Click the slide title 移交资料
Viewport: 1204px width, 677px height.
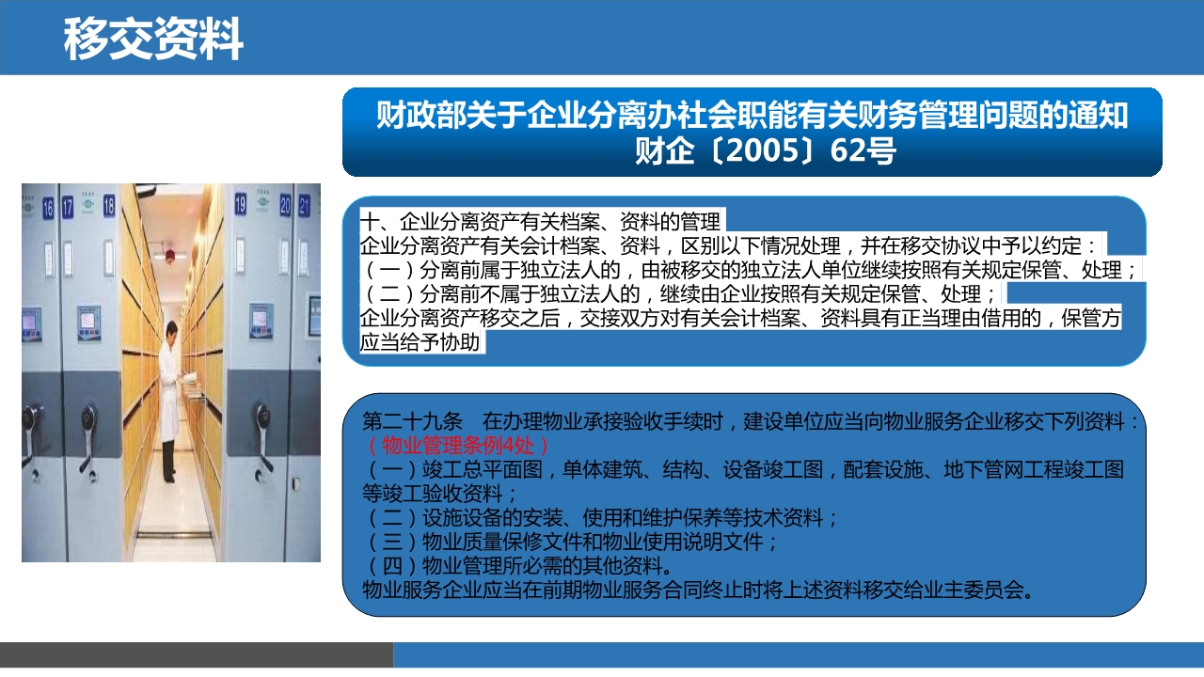point(153,39)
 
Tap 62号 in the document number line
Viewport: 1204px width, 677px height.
point(863,150)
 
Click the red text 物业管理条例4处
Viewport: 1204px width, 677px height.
point(458,446)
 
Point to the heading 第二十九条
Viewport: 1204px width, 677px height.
point(412,422)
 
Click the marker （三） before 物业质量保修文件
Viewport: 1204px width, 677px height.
point(392,542)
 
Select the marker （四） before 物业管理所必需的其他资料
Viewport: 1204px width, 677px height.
point(392,566)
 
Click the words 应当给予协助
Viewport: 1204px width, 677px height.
point(420,342)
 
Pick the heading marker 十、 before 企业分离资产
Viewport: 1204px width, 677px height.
point(379,221)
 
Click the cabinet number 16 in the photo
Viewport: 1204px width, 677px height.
point(48,208)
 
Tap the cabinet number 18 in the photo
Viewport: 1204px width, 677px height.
point(109,205)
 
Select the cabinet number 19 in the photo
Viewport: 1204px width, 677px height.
point(240,204)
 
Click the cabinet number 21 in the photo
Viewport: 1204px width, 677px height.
point(304,206)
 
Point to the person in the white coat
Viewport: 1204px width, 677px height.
point(170,401)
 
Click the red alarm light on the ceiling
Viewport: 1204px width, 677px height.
point(170,255)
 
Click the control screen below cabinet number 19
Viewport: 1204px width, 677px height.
point(261,321)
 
